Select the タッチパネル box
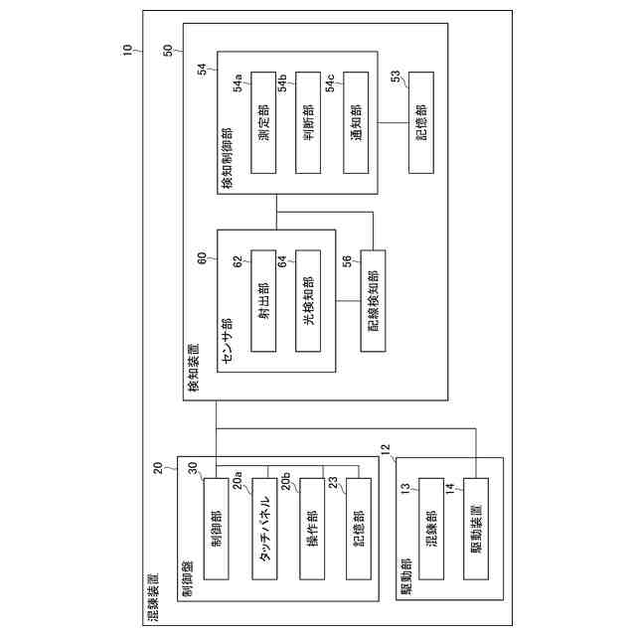click(x=264, y=530)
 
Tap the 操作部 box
click(x=311, y=530)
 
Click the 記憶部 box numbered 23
click(x=357, y=530)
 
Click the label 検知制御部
click(x=227, y=158)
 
